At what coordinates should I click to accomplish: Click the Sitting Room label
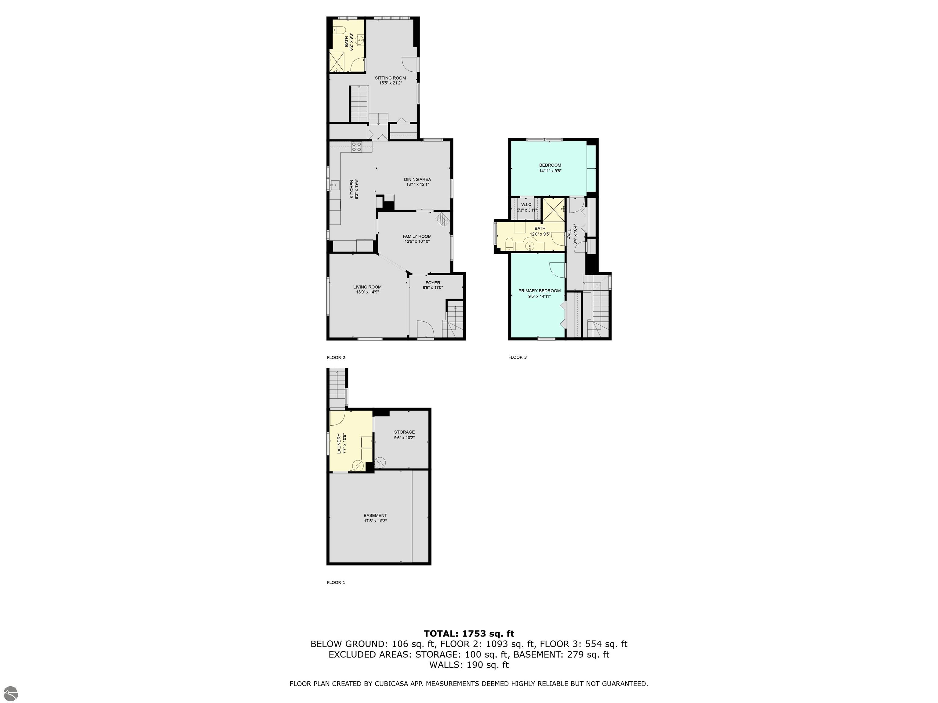coord(390,78)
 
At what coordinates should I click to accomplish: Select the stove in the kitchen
coord(356,147)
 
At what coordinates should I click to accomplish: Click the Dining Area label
coord(417,179)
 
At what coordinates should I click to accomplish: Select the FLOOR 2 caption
coord(336,358)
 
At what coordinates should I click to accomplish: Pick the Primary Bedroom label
coord(539,291)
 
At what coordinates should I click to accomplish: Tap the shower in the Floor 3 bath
coord(553,210)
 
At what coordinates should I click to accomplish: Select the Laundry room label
coord(339,444)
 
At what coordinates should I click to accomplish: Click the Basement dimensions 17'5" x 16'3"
coord(375,521)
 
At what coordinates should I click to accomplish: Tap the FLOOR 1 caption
coord(336,583)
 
